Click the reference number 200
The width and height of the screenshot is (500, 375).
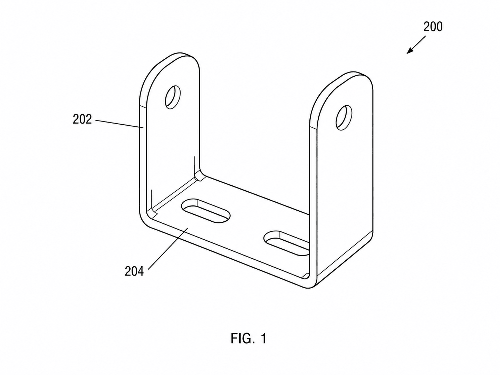[x=433, y=27]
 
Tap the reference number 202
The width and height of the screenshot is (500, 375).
[x=82, y=119]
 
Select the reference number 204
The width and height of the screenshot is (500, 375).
[x=134, y=271]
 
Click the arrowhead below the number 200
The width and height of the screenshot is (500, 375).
[x=410, y=51]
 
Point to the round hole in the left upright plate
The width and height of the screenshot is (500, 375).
[x=173, y=97]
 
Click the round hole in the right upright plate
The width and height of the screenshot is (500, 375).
[x=344, y=118]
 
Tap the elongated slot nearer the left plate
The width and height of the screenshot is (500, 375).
[x=205, y=211]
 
